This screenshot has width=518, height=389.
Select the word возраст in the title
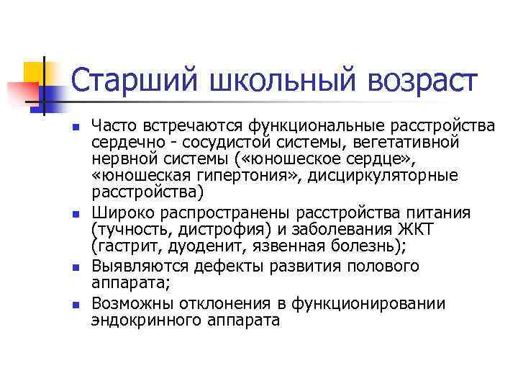[x=421, y=80]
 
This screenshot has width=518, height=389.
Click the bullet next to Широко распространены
[x=76, y=214]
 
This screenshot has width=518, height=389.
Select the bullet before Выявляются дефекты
[x=76, y=268]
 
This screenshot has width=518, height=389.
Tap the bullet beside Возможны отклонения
[x=76, y=304]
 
